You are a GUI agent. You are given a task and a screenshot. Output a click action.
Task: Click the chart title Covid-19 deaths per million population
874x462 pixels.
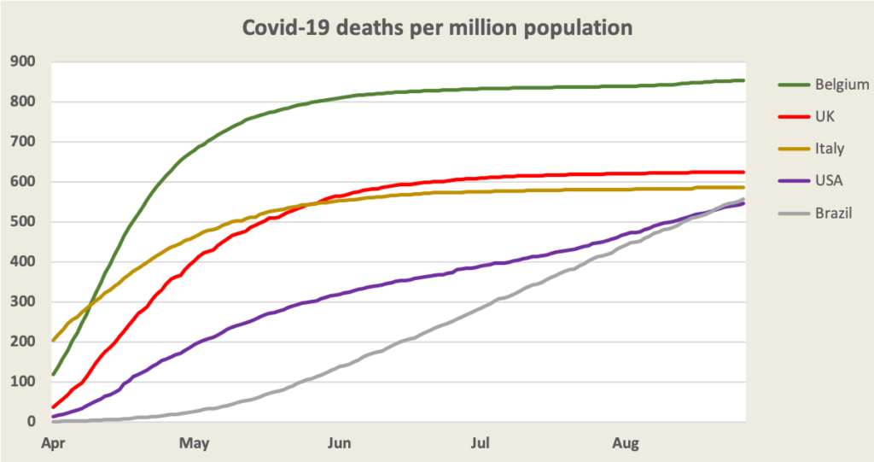point(437,27)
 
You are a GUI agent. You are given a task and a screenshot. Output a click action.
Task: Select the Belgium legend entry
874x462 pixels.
point(842,84)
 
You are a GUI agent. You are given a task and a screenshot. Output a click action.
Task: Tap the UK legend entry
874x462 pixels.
point(825,116)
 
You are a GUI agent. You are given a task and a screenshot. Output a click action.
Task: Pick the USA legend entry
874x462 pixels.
point(829,181)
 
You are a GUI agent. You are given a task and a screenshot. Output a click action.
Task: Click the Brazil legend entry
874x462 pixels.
point(832,213)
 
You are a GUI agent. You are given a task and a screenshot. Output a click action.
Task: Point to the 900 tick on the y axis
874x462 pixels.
point(22,61)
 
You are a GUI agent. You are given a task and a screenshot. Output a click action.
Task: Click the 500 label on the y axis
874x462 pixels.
point(22,222)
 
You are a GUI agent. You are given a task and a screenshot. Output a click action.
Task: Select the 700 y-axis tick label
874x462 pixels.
point(22,142)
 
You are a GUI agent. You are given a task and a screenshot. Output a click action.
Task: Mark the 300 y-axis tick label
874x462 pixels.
point(22,301)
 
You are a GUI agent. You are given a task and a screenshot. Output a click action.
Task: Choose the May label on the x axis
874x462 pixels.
point(195,442)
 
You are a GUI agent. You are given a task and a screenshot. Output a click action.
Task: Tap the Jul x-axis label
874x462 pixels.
point(481,442)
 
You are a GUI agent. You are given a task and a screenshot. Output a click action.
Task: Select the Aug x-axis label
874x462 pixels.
point(627,442)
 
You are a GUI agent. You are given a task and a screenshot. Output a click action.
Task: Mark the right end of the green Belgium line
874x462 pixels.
point(744,80)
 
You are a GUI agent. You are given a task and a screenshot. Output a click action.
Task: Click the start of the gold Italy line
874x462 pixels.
point(54,340)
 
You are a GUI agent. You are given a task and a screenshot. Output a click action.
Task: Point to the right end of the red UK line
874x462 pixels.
point(744,172)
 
